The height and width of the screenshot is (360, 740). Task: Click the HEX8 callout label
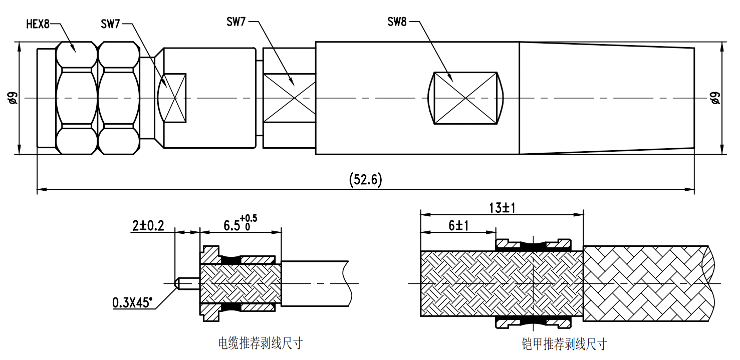pos(38,24)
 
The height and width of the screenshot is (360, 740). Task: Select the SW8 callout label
pos(397,22)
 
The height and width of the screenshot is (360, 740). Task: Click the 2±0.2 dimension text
pos(148,226)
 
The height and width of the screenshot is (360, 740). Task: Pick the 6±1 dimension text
pos(458,226)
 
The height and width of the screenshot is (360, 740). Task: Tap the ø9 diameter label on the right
pos(715,98)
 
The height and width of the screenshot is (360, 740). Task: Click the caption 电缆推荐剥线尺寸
pos(261,343)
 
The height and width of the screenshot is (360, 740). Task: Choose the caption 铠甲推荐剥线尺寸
pos(564,344)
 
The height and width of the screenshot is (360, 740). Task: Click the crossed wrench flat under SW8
pos(466,98)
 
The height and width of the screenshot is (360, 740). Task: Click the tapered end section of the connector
pos(606,98)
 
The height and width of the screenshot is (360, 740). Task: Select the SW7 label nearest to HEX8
pos(110,24)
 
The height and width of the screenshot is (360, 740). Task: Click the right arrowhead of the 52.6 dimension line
pos(692,189)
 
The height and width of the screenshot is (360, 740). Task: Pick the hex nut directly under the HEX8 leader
pos(76,98)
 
